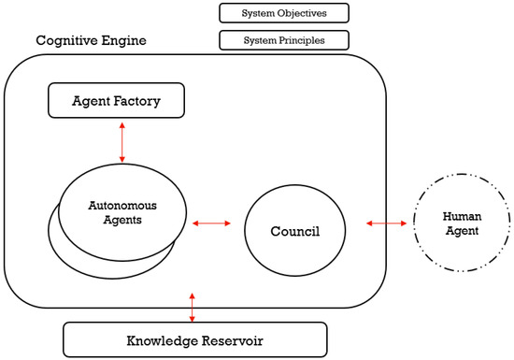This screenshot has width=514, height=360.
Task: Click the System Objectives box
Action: pyautogui.click(x=283, y=12)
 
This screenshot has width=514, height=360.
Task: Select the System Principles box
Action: pyautogui.click(x=283, y=40)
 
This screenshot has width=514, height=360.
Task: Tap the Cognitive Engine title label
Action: pyautogui.click(x=91, y=42)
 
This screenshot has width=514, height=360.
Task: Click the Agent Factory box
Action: pyautogui.click(x=116, y=100)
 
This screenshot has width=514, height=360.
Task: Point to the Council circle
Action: pyautogui.click(x=295, y=225)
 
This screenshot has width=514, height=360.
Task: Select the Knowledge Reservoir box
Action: pyautogui.click(x=194, y=338)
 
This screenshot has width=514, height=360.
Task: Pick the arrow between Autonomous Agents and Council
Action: pyautogui.click(x=210, y=223)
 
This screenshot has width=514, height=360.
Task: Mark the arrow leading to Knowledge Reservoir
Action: pyautogui.click(x=193, y=307)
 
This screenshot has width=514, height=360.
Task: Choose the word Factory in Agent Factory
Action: pyautogui.click(x=142, y=100)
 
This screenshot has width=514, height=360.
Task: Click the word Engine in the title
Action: pyautogui.click(x=124, y=42)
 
